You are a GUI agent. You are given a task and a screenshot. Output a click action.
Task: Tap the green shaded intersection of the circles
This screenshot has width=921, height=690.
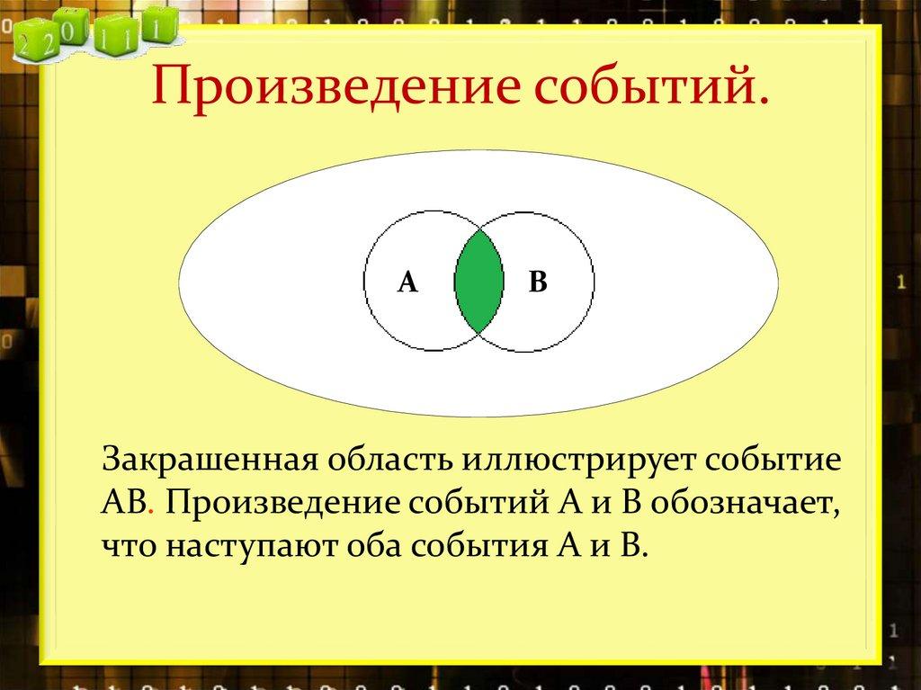pos(478,281)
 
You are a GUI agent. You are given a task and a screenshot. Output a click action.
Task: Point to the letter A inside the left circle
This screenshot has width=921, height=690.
pos(407,282)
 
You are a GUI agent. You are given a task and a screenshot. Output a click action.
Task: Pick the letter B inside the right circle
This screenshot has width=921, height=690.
pos(538,282)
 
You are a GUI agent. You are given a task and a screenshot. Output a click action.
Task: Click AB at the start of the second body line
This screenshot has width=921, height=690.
pos(121,503)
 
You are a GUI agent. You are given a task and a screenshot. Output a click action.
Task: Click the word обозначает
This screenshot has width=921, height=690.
pos(747,503)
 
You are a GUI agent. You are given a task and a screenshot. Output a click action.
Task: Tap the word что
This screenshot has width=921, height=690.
pos(127,546)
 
